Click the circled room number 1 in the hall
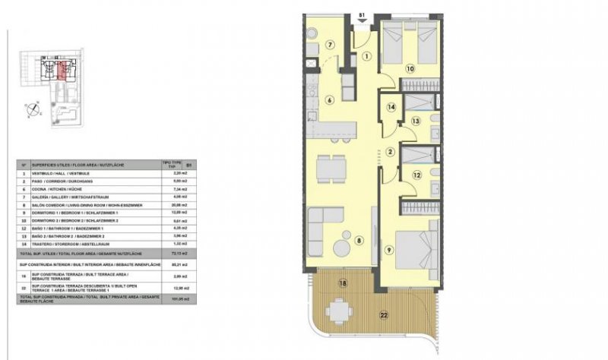366,55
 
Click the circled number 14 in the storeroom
391,108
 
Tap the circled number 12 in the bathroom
416,175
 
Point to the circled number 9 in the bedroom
389,248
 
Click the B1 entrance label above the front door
362,12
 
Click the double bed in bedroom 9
418,248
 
